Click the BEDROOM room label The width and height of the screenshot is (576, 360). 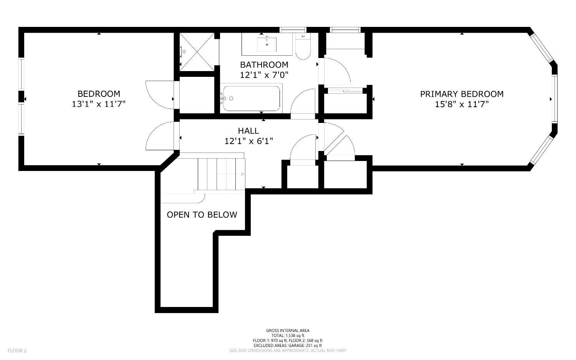(x=99, y=94)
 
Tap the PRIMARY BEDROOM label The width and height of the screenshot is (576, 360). (x=462, y=94)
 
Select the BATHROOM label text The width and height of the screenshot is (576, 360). (x=264, y=65)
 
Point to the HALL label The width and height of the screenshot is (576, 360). (x=248, y=131)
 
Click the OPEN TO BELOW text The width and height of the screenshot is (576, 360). (x=202, y=215)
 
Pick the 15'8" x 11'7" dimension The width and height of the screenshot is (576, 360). (x=462, y=105)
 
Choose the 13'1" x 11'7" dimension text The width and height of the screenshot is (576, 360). (x=98, y=104)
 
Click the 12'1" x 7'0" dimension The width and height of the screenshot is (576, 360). (x=264, y=75)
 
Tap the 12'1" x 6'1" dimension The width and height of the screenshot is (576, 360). (x=248, y=141)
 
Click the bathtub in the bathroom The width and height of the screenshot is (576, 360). (x=251, y=98)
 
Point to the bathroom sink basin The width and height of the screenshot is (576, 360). (x=267, y=44)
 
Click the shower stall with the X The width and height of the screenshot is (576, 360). (x=197, y=52)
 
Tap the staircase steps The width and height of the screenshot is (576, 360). (x=221, y=174)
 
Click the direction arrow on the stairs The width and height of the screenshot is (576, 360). (x=231, y=174)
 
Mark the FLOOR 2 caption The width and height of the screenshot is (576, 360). (x=17, y=350)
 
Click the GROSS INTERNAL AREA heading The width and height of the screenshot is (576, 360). (x=288, y=330)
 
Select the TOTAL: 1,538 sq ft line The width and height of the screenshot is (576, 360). (x=288, y=335)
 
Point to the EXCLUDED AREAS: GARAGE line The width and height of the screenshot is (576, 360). (x=288, y=345)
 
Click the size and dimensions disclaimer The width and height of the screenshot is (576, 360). (x=288, y=350)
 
